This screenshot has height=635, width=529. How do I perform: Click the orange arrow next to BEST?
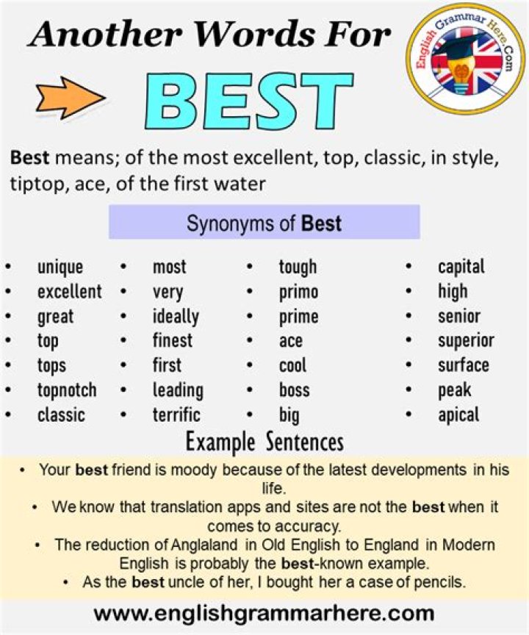click(71, 98)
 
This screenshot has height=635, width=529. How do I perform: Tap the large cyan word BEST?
click(249, 101)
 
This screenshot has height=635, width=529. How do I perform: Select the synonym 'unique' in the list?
click(60, 268)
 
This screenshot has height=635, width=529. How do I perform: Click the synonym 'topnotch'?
click(67, 391)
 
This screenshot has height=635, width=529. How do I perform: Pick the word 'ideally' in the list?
click(176, 317)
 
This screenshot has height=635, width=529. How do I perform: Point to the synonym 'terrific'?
click(176, 415)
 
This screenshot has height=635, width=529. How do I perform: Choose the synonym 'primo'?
click(299, 293)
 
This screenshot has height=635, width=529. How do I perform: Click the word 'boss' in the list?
click(295, 390)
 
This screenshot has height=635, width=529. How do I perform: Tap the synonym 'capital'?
click(461, 268)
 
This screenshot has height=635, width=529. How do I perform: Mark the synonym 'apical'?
click(458, 415)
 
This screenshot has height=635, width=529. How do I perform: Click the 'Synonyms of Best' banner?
click(264, 223)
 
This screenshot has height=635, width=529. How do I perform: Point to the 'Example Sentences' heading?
click(264, 442)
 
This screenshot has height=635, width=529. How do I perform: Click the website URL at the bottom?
click(264, 613)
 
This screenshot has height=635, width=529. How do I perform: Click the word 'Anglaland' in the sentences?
click(204, 545)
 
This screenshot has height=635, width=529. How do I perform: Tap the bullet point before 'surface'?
click(409, 366)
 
